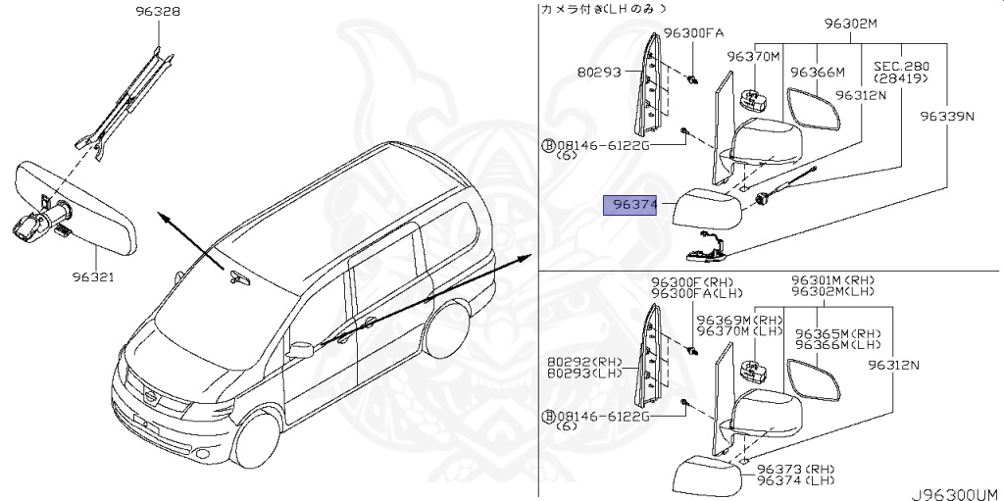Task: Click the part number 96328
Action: (157, 13)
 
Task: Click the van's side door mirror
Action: (302, 348)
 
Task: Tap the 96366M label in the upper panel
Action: (818, 72)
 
